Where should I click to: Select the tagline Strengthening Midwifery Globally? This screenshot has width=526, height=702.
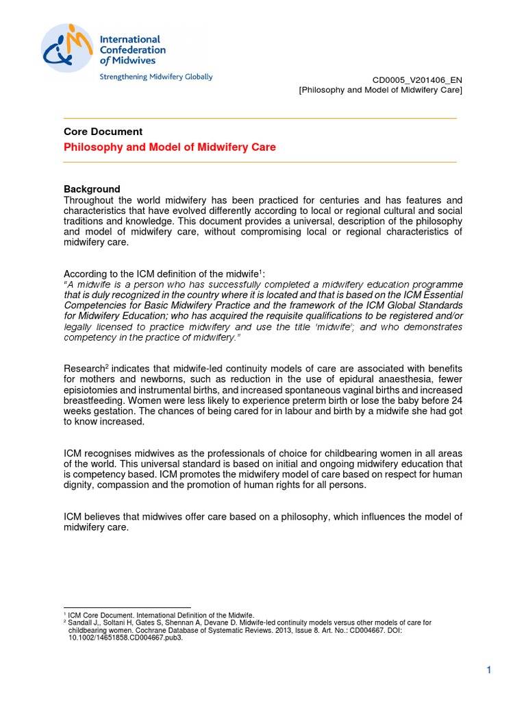coord(156,77)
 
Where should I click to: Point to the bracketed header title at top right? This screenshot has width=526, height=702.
coord(381,90)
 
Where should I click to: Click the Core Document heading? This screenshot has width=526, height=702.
coord(103,132)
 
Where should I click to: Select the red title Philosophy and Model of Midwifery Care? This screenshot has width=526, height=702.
coord(170,147)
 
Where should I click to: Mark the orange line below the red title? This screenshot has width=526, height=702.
coord(260,162)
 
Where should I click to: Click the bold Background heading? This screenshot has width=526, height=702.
coord(92,189)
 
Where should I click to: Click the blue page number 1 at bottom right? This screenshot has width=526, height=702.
coord(490,670)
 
